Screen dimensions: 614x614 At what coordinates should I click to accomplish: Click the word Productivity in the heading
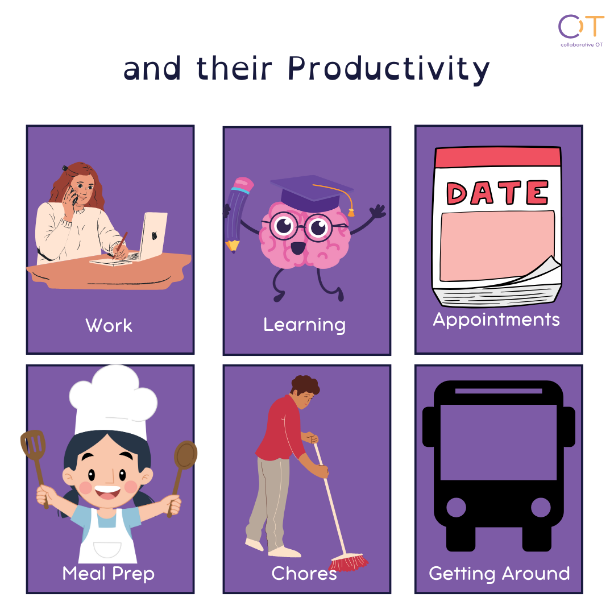click(388, 69)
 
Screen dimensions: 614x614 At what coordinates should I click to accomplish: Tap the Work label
click(109, 325)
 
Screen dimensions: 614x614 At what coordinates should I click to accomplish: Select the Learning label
click(304, 325)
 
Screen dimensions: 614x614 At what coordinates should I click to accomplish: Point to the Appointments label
click(496, 320)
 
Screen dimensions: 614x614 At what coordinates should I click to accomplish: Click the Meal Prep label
click(109, 574)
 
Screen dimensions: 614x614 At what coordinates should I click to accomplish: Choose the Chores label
click(304, 574)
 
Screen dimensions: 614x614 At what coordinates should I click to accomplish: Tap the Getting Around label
click(499, 574)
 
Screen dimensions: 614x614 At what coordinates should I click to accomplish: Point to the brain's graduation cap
click(312, 194)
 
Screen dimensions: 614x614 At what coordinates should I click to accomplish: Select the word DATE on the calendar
click(497, 193)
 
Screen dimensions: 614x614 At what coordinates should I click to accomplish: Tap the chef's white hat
click(113, 401)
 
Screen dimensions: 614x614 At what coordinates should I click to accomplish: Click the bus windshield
click(499, 442)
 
